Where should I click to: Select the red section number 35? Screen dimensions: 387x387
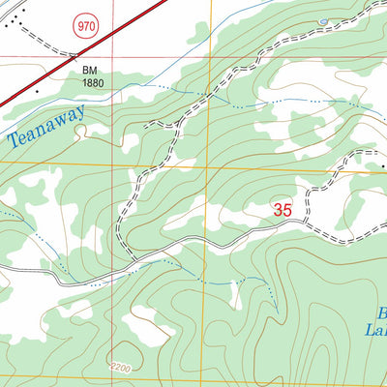tap(283, 208)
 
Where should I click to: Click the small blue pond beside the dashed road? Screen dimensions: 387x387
tap(322, 20)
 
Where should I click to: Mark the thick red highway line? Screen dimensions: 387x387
tap(87, 48)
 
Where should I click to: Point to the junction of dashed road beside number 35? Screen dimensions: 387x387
tap(306, 220)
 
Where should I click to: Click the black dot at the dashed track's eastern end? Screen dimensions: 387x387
tap(383, 165)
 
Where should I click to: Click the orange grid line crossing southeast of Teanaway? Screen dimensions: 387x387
tap(205, 167)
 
